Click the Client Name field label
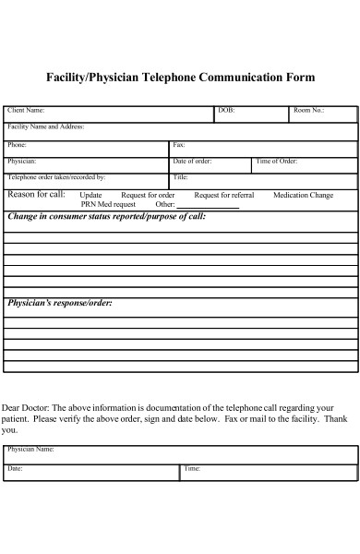click(26, 111)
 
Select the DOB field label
click(226, 111)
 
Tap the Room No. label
click(309, 111)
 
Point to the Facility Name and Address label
click(45, 126)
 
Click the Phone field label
click(17, 145)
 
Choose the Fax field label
click(179, 145)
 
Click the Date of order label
click(192, 162)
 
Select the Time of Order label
click(276, 162)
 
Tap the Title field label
click(181, 177)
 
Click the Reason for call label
click(36, 194)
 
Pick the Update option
click(91, 195)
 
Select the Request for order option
click(148, 195)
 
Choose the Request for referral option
click(224, 195)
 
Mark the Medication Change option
click(303, 195)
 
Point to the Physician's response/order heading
click(60, 303)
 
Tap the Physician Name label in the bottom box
click(30, 450)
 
